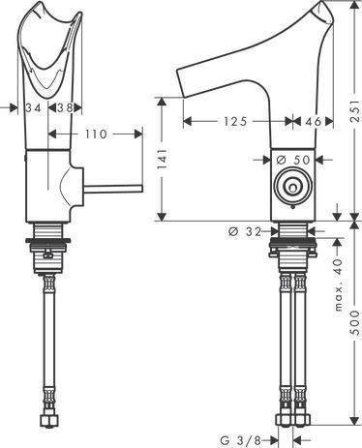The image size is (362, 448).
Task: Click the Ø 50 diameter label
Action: coord(291,159)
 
